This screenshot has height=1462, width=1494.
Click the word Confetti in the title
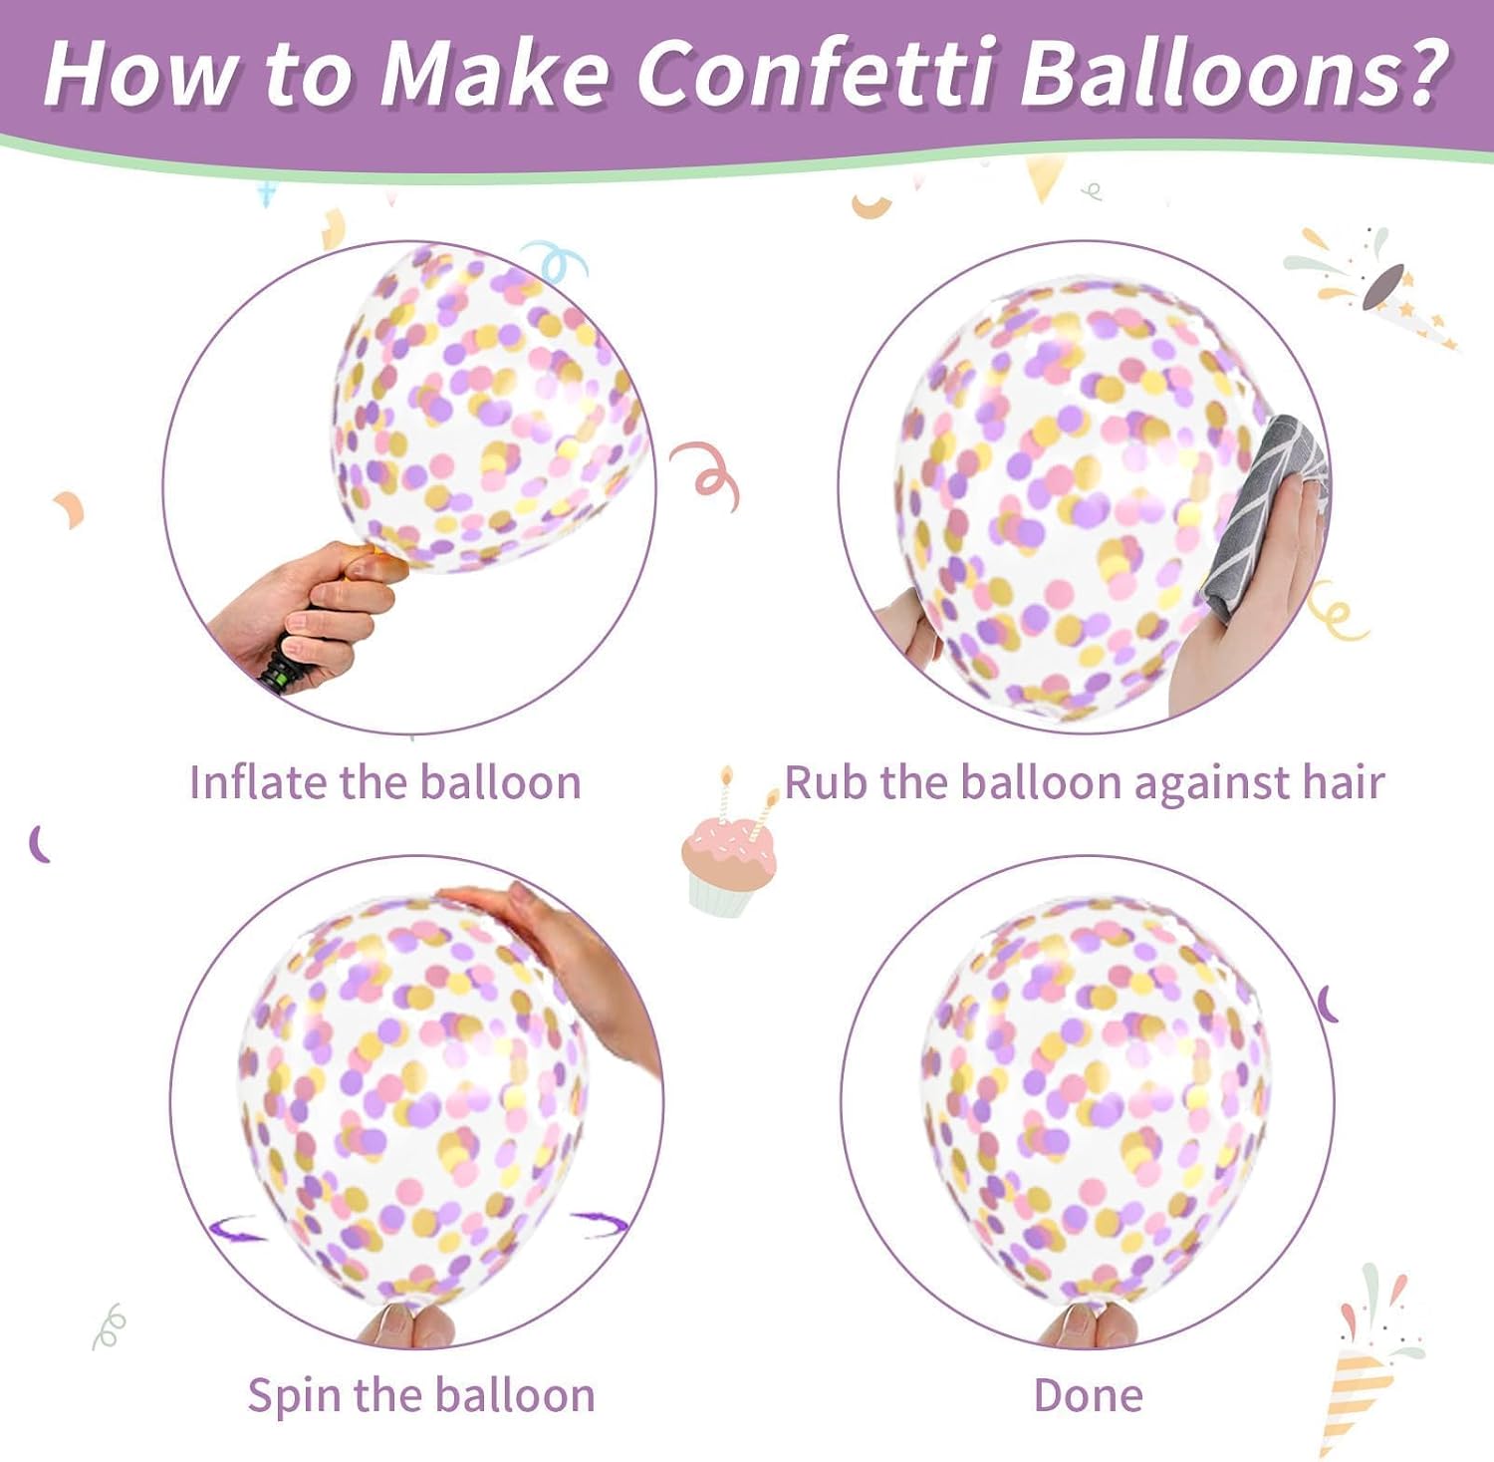click(815, 73)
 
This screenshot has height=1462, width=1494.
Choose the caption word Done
click(1089, 1395)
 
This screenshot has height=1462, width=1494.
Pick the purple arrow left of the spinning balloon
click(237, 1228)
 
